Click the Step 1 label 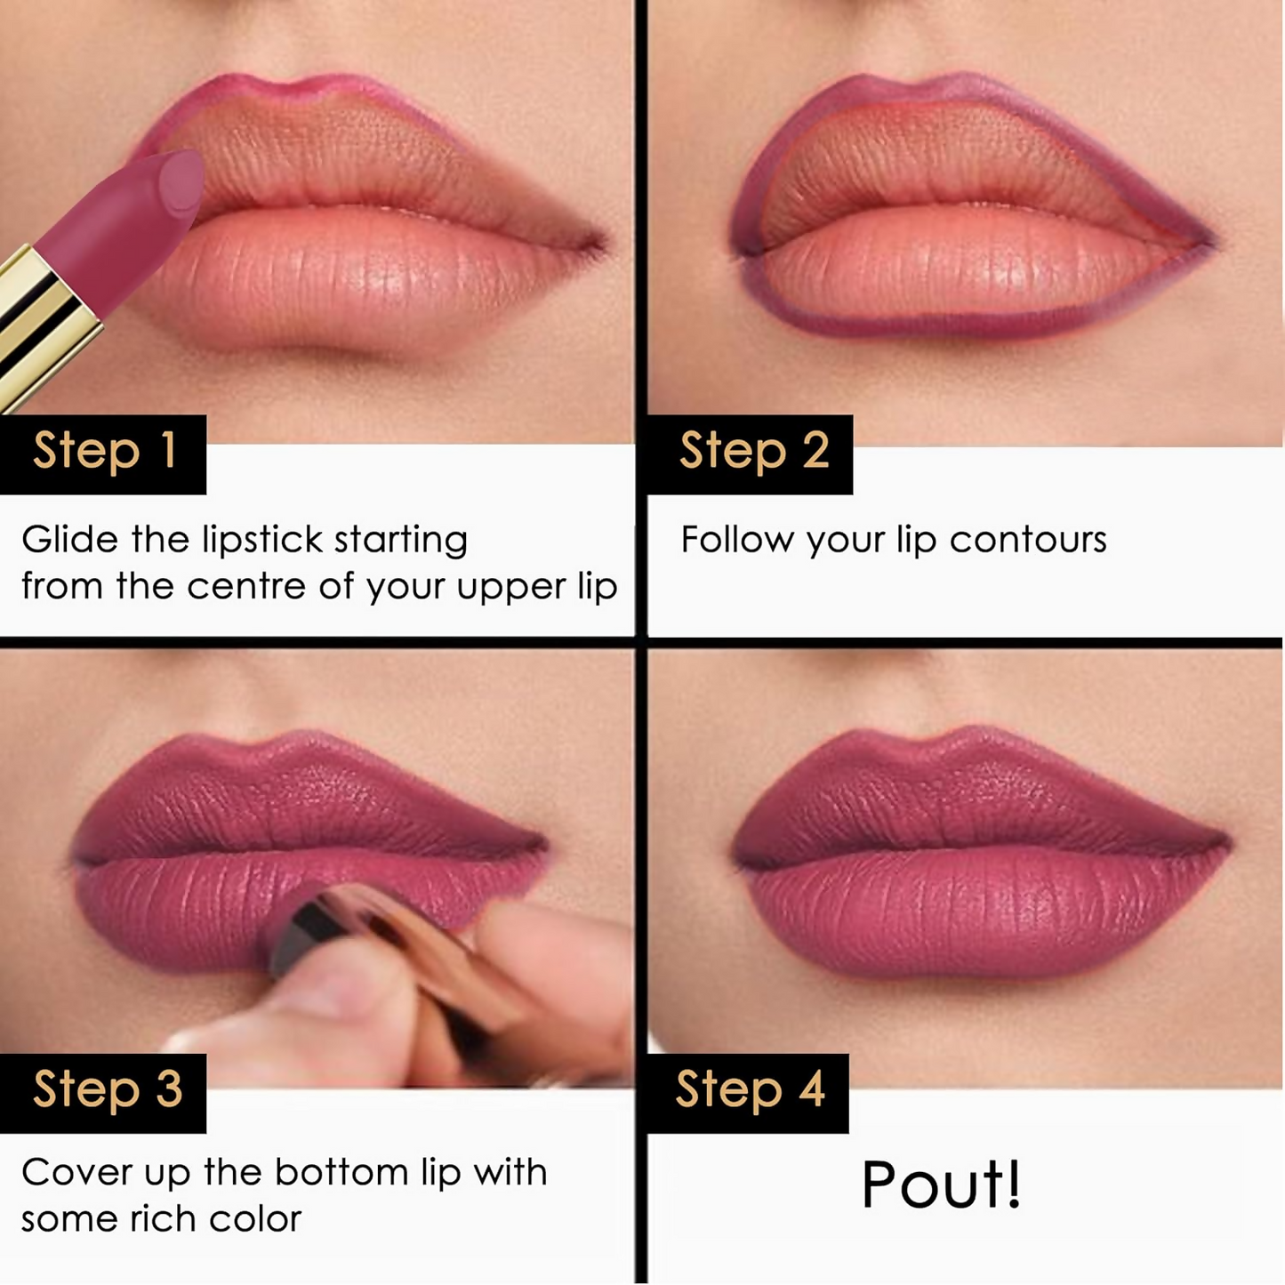pyautogui.click(x=103, y=452)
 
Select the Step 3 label pyautogui.click(x=106, y=1091)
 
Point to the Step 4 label pyautogui.click(x=750, y=1091)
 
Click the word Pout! pyautogui.click(x=942, y=1185)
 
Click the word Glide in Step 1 pyautogui.click(x=69, y=540)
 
